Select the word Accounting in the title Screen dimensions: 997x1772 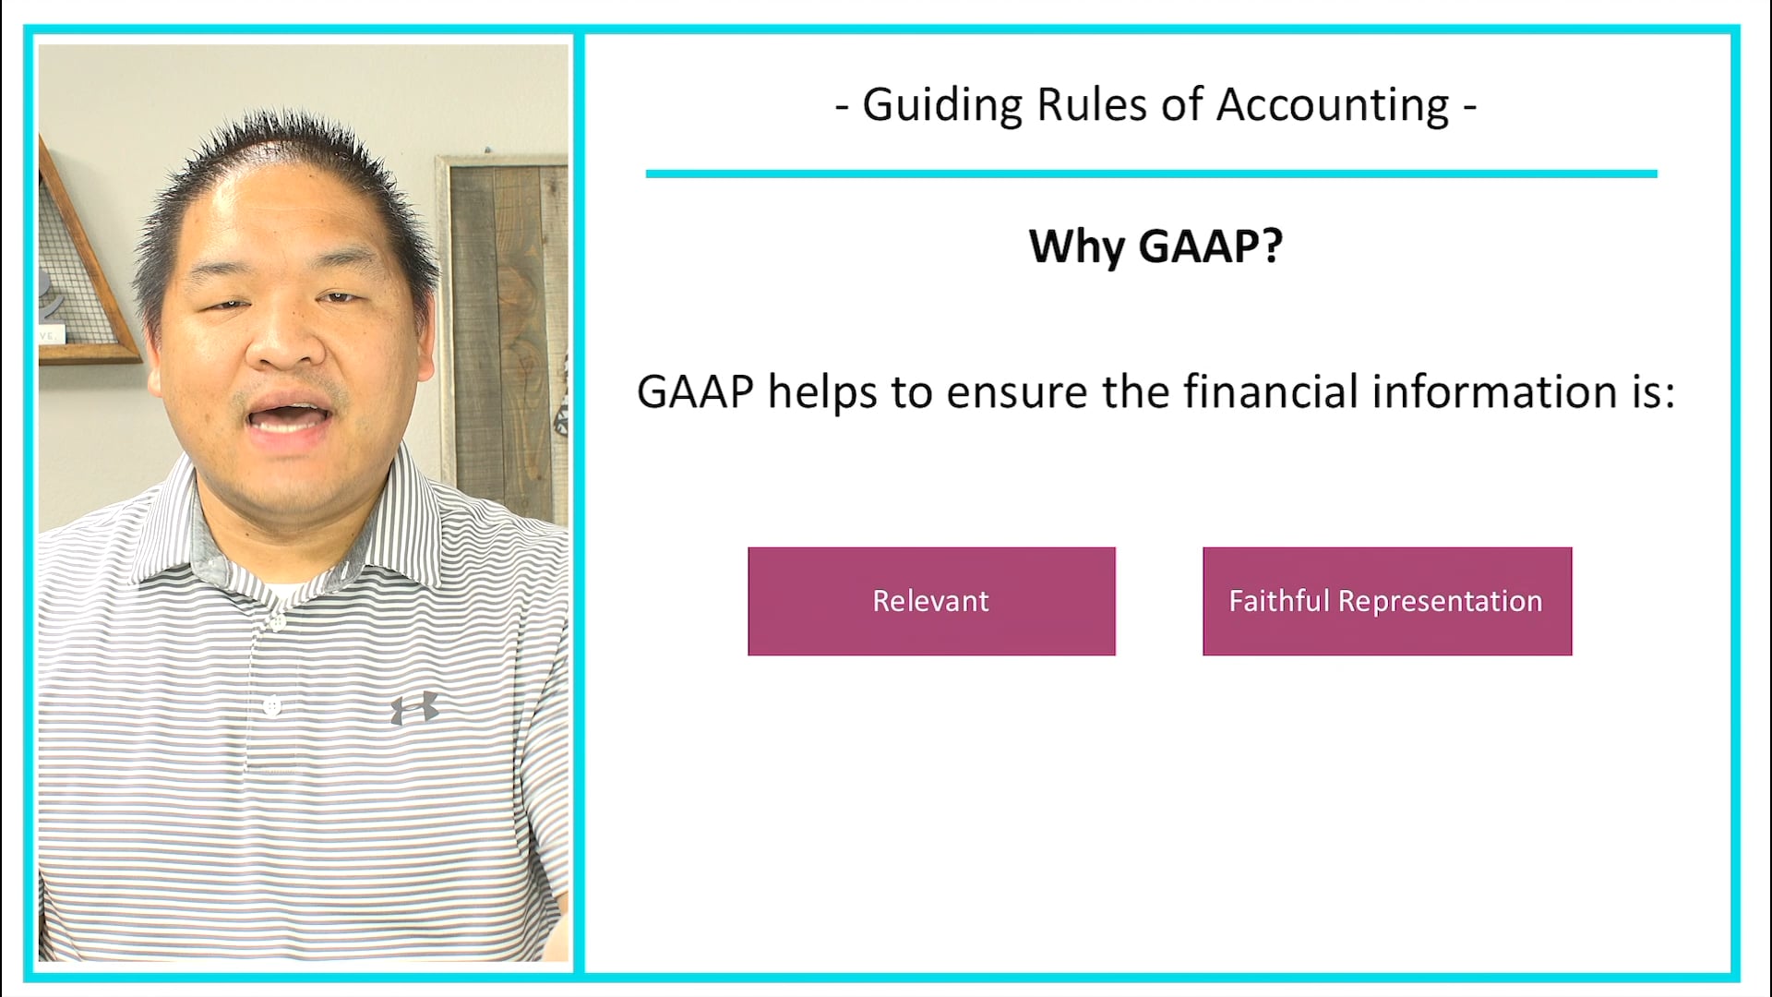(x=1332, y=105)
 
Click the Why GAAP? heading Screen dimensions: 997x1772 (x=1155, y=246)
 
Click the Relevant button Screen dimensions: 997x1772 (x=931, y=601)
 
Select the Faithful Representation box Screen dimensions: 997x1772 (x=1386, y=601)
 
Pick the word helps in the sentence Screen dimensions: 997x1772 (x=822, y=391)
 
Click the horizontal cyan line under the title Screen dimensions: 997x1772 (x=1151, y=174)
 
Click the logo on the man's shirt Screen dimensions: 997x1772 (x=414, y=708)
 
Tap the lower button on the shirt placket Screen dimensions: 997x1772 (x=271, y=706)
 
